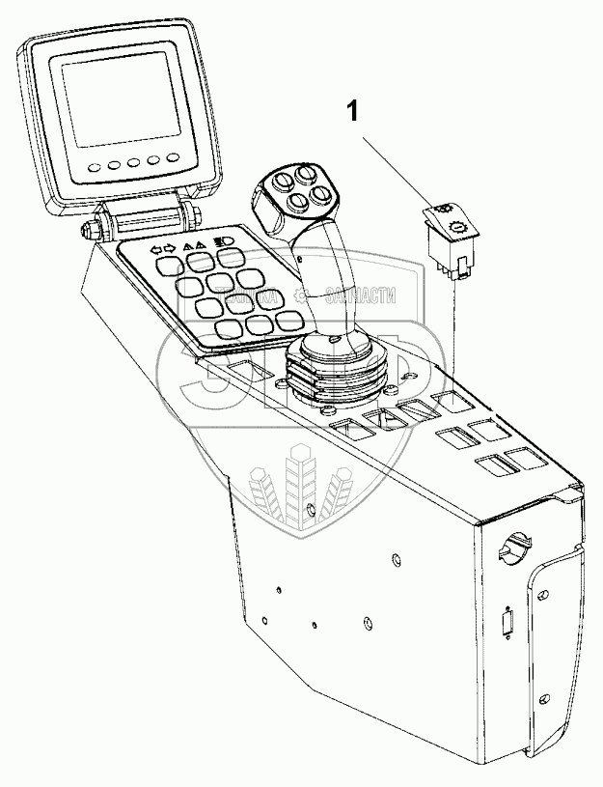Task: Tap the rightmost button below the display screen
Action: [174, 157]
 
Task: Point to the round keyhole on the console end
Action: [510, 548]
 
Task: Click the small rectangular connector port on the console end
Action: [507, 625]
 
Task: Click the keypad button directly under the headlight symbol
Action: [229, 257]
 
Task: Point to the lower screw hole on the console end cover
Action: [546, 698]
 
